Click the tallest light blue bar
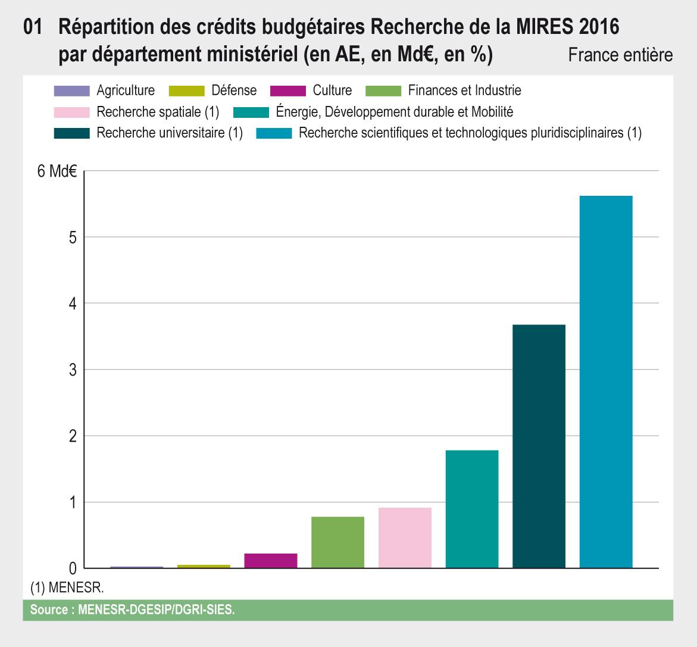coord(606,382)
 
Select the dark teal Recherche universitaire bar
coord(539,446)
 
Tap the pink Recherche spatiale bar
coord(405,537)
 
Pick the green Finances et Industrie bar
coord(338,542)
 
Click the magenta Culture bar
coord(271,561)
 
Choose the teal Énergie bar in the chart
coord(472,510)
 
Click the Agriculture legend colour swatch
coord(71,90)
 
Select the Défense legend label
coord(234,90)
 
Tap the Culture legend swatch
coord(288,90)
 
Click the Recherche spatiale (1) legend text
coord(158,112)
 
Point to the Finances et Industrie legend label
coord(464,90)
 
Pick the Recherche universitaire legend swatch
coord(71,133)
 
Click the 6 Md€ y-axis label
coord(57,171)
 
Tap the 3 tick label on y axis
coord(73,370)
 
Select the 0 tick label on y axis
coord(73,568)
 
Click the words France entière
coord(621,55)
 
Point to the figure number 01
coord(33,27)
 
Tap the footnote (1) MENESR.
coord(67,587)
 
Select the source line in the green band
coord(132,610)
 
